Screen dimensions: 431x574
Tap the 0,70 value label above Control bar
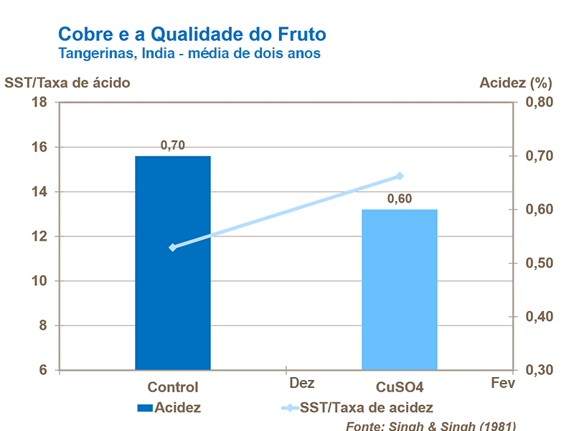point(173,145)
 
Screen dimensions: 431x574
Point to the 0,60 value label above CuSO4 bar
point(400,199)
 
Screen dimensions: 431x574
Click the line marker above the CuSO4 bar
point(400,176)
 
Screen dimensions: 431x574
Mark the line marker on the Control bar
point(172,247)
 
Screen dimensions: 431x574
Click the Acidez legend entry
point(169,408)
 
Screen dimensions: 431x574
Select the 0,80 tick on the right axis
point(540,103)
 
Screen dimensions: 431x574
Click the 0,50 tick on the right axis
point(540,263)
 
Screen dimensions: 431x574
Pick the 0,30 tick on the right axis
point(540,370)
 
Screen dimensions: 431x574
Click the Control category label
point(173,387)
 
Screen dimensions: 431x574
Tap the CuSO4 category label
point(400,387)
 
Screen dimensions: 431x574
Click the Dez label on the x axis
point(302,384)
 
